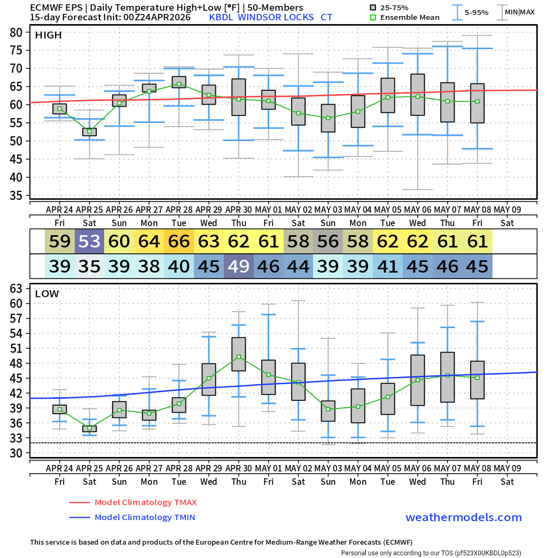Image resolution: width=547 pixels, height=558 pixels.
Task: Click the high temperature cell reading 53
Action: [x=89, y=242]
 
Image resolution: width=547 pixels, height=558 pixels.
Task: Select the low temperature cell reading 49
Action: [x=239, y=266]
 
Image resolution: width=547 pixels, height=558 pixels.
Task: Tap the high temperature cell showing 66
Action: [x=179, y=242]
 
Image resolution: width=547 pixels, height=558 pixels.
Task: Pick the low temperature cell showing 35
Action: [x=89, y=266]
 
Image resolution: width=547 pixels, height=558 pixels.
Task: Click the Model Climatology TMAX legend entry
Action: [x=145, y=502]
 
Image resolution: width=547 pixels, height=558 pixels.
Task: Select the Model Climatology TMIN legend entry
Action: [x=144, y=517]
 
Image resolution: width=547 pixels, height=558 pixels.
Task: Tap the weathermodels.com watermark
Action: [x=464, y=517]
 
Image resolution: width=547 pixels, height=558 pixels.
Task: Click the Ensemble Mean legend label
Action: [x=409, y=17]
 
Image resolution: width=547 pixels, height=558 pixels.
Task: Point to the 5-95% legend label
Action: [x=477, y=12]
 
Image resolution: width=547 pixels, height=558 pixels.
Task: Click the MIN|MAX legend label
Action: [x=519, y=12]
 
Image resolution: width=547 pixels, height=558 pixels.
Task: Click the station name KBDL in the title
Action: [x=222, y=17]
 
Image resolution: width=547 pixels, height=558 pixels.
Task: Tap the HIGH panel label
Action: [x=48, y=35]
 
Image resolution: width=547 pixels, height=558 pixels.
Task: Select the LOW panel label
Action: [x=47, y=293]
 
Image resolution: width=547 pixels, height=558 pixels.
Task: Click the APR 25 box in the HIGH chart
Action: [x=89, y=132]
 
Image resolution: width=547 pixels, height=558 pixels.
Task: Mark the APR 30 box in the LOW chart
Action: [x=239, y=354]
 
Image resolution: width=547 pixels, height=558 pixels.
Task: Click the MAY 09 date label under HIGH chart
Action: [x=507, y=209]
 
